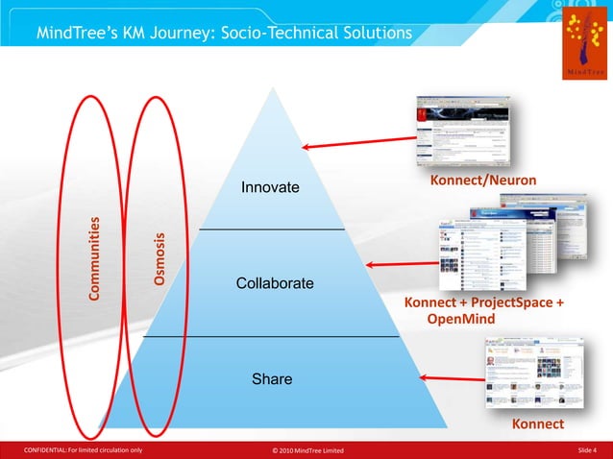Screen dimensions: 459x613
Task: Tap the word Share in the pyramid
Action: pos(272,380)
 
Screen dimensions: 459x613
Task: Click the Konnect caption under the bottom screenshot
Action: pos(538,423)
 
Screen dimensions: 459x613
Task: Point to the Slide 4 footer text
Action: pos(587,450)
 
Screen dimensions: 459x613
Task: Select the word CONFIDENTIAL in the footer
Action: pos(49,450)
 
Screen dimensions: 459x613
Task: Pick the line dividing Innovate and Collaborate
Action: pos(271,229)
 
